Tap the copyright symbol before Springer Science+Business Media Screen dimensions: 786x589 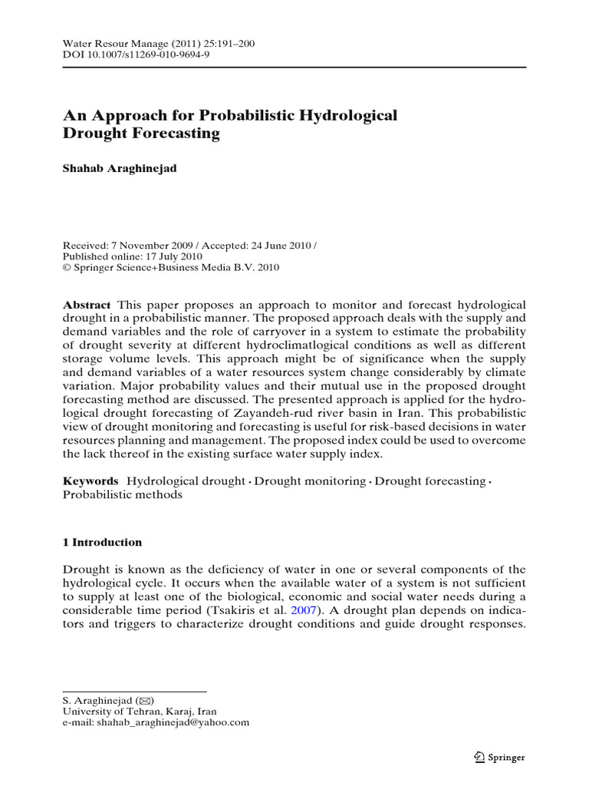click(x=67, y=268)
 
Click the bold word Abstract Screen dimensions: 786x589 click(x=86, y=305)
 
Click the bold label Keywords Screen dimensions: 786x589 click(x=90, y=481)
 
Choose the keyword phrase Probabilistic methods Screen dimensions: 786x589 click(x=122, y=495)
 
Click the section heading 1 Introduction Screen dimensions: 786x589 click(x=102, y=542)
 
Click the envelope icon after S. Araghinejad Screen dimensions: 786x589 click(x=144, y=700)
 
